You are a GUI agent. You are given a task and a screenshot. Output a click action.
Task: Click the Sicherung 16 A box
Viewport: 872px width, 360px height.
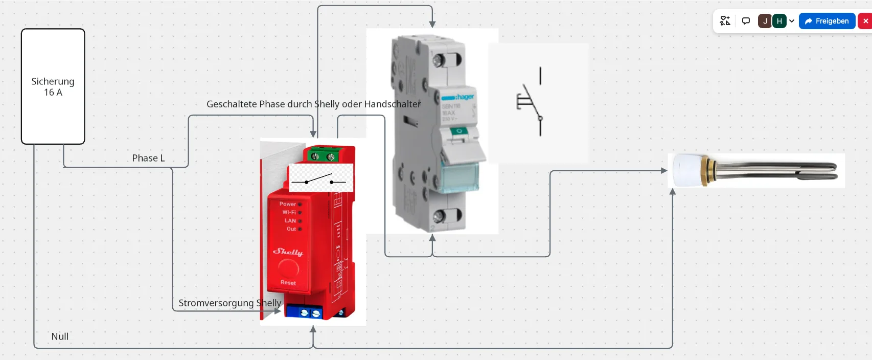coord(53,86)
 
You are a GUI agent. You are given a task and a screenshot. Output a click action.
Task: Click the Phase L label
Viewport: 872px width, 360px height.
coord(148,158)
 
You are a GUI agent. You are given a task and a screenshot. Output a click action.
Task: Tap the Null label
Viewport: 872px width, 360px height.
coord(60,336)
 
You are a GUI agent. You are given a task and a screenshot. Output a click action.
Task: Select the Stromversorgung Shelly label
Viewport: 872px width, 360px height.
coord(230,303)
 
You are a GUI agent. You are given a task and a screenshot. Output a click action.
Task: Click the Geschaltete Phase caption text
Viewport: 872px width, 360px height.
coord(313,104)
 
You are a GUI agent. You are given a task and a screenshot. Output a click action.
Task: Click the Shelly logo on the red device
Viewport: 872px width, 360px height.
coord(288,252)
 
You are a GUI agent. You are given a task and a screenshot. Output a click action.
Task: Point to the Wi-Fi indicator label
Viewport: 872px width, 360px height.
coord(289,212)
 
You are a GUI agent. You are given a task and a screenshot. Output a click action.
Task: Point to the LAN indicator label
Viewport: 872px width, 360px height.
coord(290,221)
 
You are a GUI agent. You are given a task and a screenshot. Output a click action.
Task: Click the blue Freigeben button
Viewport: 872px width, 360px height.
coord(827,21)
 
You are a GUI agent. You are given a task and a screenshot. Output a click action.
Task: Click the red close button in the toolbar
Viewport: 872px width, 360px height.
coord(865,21)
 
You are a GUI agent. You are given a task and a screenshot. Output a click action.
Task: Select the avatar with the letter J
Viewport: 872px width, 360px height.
coord(765,21)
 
